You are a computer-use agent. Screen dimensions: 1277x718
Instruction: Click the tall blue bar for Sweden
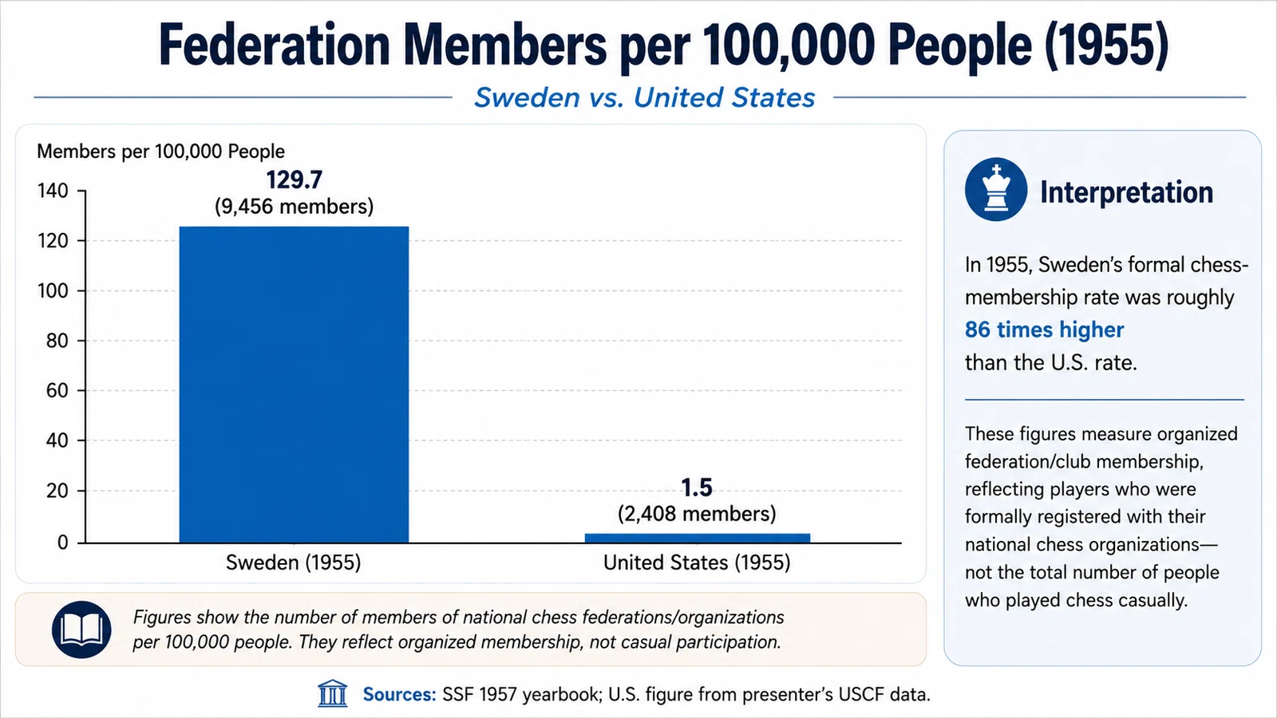(295, 385)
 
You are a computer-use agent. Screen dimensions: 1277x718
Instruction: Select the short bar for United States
(698, 538)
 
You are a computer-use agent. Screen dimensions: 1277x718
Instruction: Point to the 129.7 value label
(295, 180)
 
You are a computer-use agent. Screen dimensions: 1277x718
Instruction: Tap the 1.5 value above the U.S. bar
(697, 487)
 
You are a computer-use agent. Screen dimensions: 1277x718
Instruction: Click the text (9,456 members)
(295, 207)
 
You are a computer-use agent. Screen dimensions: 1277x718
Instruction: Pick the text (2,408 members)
(697, 514)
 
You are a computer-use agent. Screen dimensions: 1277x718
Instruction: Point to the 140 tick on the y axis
(53, 191)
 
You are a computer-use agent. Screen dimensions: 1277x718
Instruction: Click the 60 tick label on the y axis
(57, 391)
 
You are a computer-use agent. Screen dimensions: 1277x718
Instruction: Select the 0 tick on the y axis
(63, 542)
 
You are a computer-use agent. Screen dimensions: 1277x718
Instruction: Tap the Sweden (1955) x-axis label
(294, 563)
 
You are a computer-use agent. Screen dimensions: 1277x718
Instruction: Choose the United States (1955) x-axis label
(697, 563)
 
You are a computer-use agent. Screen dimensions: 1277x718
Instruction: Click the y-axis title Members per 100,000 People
(160, 152)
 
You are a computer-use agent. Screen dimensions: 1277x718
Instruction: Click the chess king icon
(996, 189)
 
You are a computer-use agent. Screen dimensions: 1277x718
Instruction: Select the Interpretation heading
(1126, 192)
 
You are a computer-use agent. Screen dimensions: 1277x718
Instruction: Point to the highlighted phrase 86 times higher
(1045, 330)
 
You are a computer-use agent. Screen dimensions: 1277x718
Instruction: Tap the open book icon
(81, 629)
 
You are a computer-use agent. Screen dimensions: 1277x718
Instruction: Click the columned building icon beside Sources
(332, 693)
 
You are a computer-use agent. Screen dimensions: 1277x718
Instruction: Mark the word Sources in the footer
(400, 695)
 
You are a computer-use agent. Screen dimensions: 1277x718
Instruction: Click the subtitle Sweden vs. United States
(645, 97)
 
